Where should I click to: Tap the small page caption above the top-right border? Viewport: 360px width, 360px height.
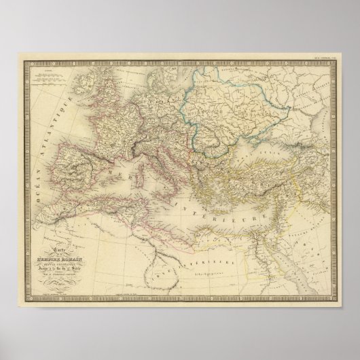320,60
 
